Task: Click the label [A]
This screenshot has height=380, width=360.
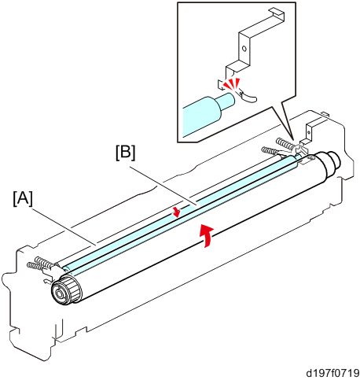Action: [23, 198]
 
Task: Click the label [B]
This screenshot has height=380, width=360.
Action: [126, 153]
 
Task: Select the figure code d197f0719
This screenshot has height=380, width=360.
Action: [333, 373]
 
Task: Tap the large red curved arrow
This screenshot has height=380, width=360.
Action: [206, 235]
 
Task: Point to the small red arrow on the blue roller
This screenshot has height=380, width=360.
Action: [177, 212]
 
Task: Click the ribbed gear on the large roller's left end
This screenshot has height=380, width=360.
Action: [72, 289]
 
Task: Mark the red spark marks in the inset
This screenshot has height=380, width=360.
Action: [231, 83]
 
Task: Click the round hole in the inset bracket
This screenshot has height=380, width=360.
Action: [244, 49]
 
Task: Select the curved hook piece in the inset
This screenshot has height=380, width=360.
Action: [248, 96]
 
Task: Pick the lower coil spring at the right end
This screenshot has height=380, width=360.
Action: [270, 151]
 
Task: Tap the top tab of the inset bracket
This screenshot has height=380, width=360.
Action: [277, 13]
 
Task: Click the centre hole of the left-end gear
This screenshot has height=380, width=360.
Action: [58, 293]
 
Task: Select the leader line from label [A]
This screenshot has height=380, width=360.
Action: [64, 227]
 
